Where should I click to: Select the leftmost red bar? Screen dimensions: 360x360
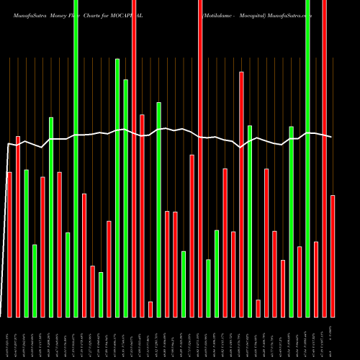9,245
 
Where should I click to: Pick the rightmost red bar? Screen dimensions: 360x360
333,256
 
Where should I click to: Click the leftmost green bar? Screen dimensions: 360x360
26,243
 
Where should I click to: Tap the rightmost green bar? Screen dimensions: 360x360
308,158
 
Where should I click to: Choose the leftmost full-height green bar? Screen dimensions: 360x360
76,158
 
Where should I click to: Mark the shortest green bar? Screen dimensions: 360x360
101,294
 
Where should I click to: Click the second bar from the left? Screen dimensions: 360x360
18,226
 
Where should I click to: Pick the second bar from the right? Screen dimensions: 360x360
325,158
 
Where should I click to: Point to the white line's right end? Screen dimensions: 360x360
332,137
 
